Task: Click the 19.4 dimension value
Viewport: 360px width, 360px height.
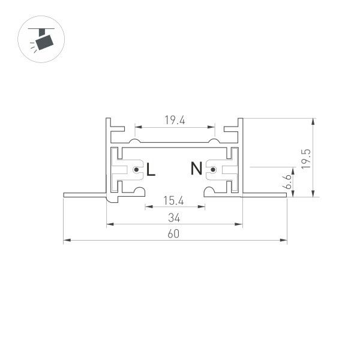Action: coord(175,121)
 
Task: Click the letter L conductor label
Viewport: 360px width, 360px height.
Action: coord(151,170)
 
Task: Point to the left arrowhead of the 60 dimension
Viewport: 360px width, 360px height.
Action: coord(66,241)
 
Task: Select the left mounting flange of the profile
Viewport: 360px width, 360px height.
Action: coord(85,194)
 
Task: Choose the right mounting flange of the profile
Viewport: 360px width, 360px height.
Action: coord(264,194)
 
